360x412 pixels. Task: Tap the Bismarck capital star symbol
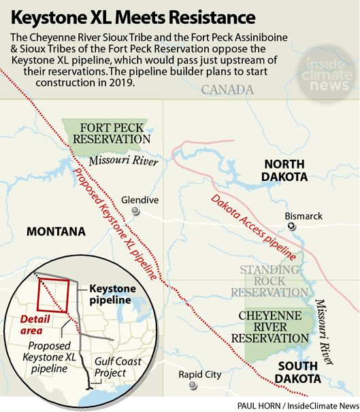292,226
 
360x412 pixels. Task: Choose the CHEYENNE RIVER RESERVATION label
275,326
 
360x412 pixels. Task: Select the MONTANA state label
56,232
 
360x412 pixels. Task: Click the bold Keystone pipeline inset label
113,294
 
